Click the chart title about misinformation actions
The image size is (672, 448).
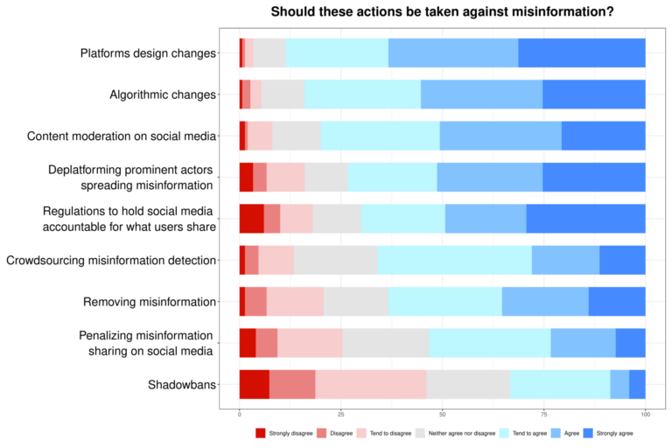[x=442, y=11]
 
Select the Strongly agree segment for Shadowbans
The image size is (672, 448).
[x=637, y=384]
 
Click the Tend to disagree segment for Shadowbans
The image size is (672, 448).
[x=370, y=384]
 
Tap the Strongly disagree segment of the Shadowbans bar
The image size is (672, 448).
[x=254, y=384]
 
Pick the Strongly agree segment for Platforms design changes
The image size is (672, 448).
[x=582, y=53]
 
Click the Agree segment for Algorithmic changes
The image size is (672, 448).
[x=481, y=94]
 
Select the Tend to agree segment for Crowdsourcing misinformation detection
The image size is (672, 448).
[x=454, y=260]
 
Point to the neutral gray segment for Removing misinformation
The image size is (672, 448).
[x=356, y=301]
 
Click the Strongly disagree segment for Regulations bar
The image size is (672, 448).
[x=251, y=219]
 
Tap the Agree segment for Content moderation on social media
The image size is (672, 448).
[x=500, y=136]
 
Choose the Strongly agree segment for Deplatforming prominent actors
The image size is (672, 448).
[x=593, y=177]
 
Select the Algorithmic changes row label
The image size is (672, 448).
[x=163, y=94]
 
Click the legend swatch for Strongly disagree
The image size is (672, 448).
[x=261, y=432]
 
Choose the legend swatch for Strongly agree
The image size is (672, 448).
[x=588, y=432]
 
